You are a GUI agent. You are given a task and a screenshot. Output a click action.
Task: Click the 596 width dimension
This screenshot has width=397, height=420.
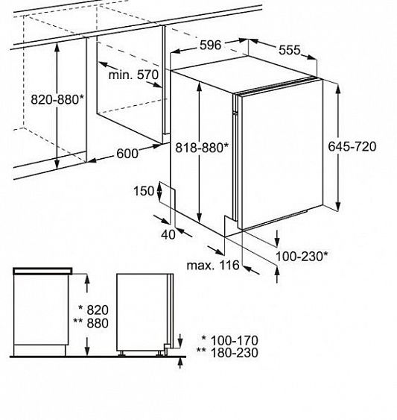pos(211,45)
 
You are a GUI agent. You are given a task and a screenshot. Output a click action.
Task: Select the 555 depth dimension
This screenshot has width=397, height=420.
pos(290,50)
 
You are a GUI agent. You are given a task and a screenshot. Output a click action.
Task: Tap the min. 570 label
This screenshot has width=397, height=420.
pos(133,75)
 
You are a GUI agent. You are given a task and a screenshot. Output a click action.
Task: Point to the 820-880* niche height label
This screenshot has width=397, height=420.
pos(57,100)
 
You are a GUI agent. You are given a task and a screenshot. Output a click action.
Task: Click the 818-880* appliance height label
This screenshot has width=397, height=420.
pos(202,147)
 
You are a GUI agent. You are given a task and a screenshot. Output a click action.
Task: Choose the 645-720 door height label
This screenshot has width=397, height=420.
pos(352,146)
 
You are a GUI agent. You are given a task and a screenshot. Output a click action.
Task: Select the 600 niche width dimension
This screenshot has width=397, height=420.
pos(127,154)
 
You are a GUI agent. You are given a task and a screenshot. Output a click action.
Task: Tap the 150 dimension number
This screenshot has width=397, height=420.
pos(144,191)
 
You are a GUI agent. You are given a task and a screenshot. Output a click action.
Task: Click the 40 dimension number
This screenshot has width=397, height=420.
pos(168,235)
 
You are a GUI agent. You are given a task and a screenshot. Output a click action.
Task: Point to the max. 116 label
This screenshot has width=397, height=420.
pos(213,265)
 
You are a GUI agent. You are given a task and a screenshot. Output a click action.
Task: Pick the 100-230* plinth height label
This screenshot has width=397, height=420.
pos(302,257)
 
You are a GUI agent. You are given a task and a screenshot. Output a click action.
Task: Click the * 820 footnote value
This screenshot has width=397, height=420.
pos(93,310)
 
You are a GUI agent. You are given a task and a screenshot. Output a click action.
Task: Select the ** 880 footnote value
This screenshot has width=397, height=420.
pos(91,323)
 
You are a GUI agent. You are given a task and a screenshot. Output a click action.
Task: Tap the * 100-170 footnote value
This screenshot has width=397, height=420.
pos(230,340)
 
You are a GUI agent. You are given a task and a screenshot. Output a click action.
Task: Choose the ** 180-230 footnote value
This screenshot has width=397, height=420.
pos(227,353)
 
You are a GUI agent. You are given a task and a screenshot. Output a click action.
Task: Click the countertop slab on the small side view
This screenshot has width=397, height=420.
pos(42,271)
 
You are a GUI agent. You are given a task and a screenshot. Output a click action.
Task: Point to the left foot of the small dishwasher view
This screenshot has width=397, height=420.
pos(121,354)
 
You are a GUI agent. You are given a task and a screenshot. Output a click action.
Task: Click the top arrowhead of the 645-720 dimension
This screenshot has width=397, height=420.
pos(338,88)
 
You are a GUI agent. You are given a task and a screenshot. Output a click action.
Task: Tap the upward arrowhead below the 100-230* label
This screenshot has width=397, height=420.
pos(277,272)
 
